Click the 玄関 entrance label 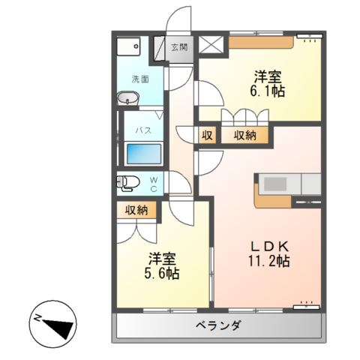pyautogui.click(x=178, y=46)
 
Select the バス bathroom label pyautogui.click(x=142, y=129)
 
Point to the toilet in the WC pyautogui.click(x=129, y=181)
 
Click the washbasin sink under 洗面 pyautogui.click(x=127, y=98)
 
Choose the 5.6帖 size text pyautogui.click(x=163, y=274)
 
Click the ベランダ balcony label pyautogui.click(x=219, y=326)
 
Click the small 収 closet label pyautogui.click(x=207, y=135)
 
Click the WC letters pyautogui.click(x=152, y=182)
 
